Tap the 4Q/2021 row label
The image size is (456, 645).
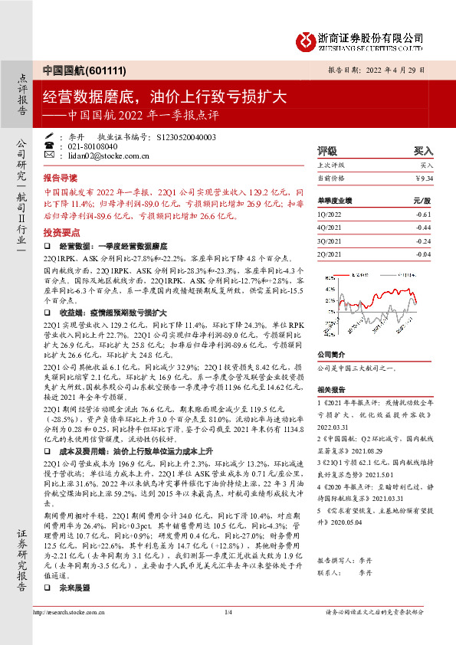[x=328, y=228]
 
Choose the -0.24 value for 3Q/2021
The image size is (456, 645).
[x=424, y=241]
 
